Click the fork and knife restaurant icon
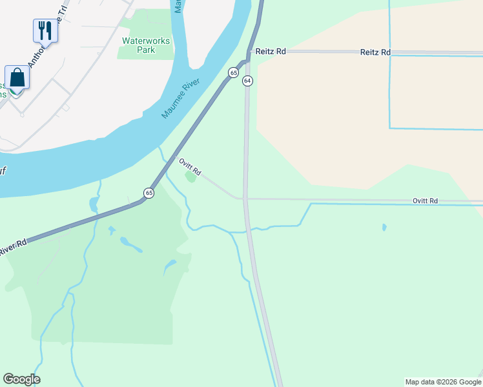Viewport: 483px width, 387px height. [45, 30]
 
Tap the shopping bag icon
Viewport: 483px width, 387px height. [17, 77]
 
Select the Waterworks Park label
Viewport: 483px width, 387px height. [146, 45]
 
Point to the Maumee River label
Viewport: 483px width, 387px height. [181, 97]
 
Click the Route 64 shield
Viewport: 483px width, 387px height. [247, 81]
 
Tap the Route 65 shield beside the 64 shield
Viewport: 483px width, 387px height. [232, 74]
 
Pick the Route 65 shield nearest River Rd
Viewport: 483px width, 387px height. [149, 193]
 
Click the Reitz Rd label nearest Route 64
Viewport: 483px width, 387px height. [270, 52]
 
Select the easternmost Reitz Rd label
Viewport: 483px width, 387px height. [375, 52]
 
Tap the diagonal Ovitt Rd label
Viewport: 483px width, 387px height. [190, 167]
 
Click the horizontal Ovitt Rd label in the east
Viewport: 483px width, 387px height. [425, 201]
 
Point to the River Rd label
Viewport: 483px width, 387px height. [13, 246]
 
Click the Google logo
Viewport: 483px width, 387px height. [21, 379]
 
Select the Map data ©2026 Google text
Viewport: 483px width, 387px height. [444, 382]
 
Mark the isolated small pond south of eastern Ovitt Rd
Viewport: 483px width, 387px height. [384, 228]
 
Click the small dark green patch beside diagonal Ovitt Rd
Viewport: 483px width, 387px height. [190, 176]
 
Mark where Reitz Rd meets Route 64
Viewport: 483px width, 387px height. [247, 52]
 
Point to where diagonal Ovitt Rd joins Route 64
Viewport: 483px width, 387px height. [244, 199]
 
